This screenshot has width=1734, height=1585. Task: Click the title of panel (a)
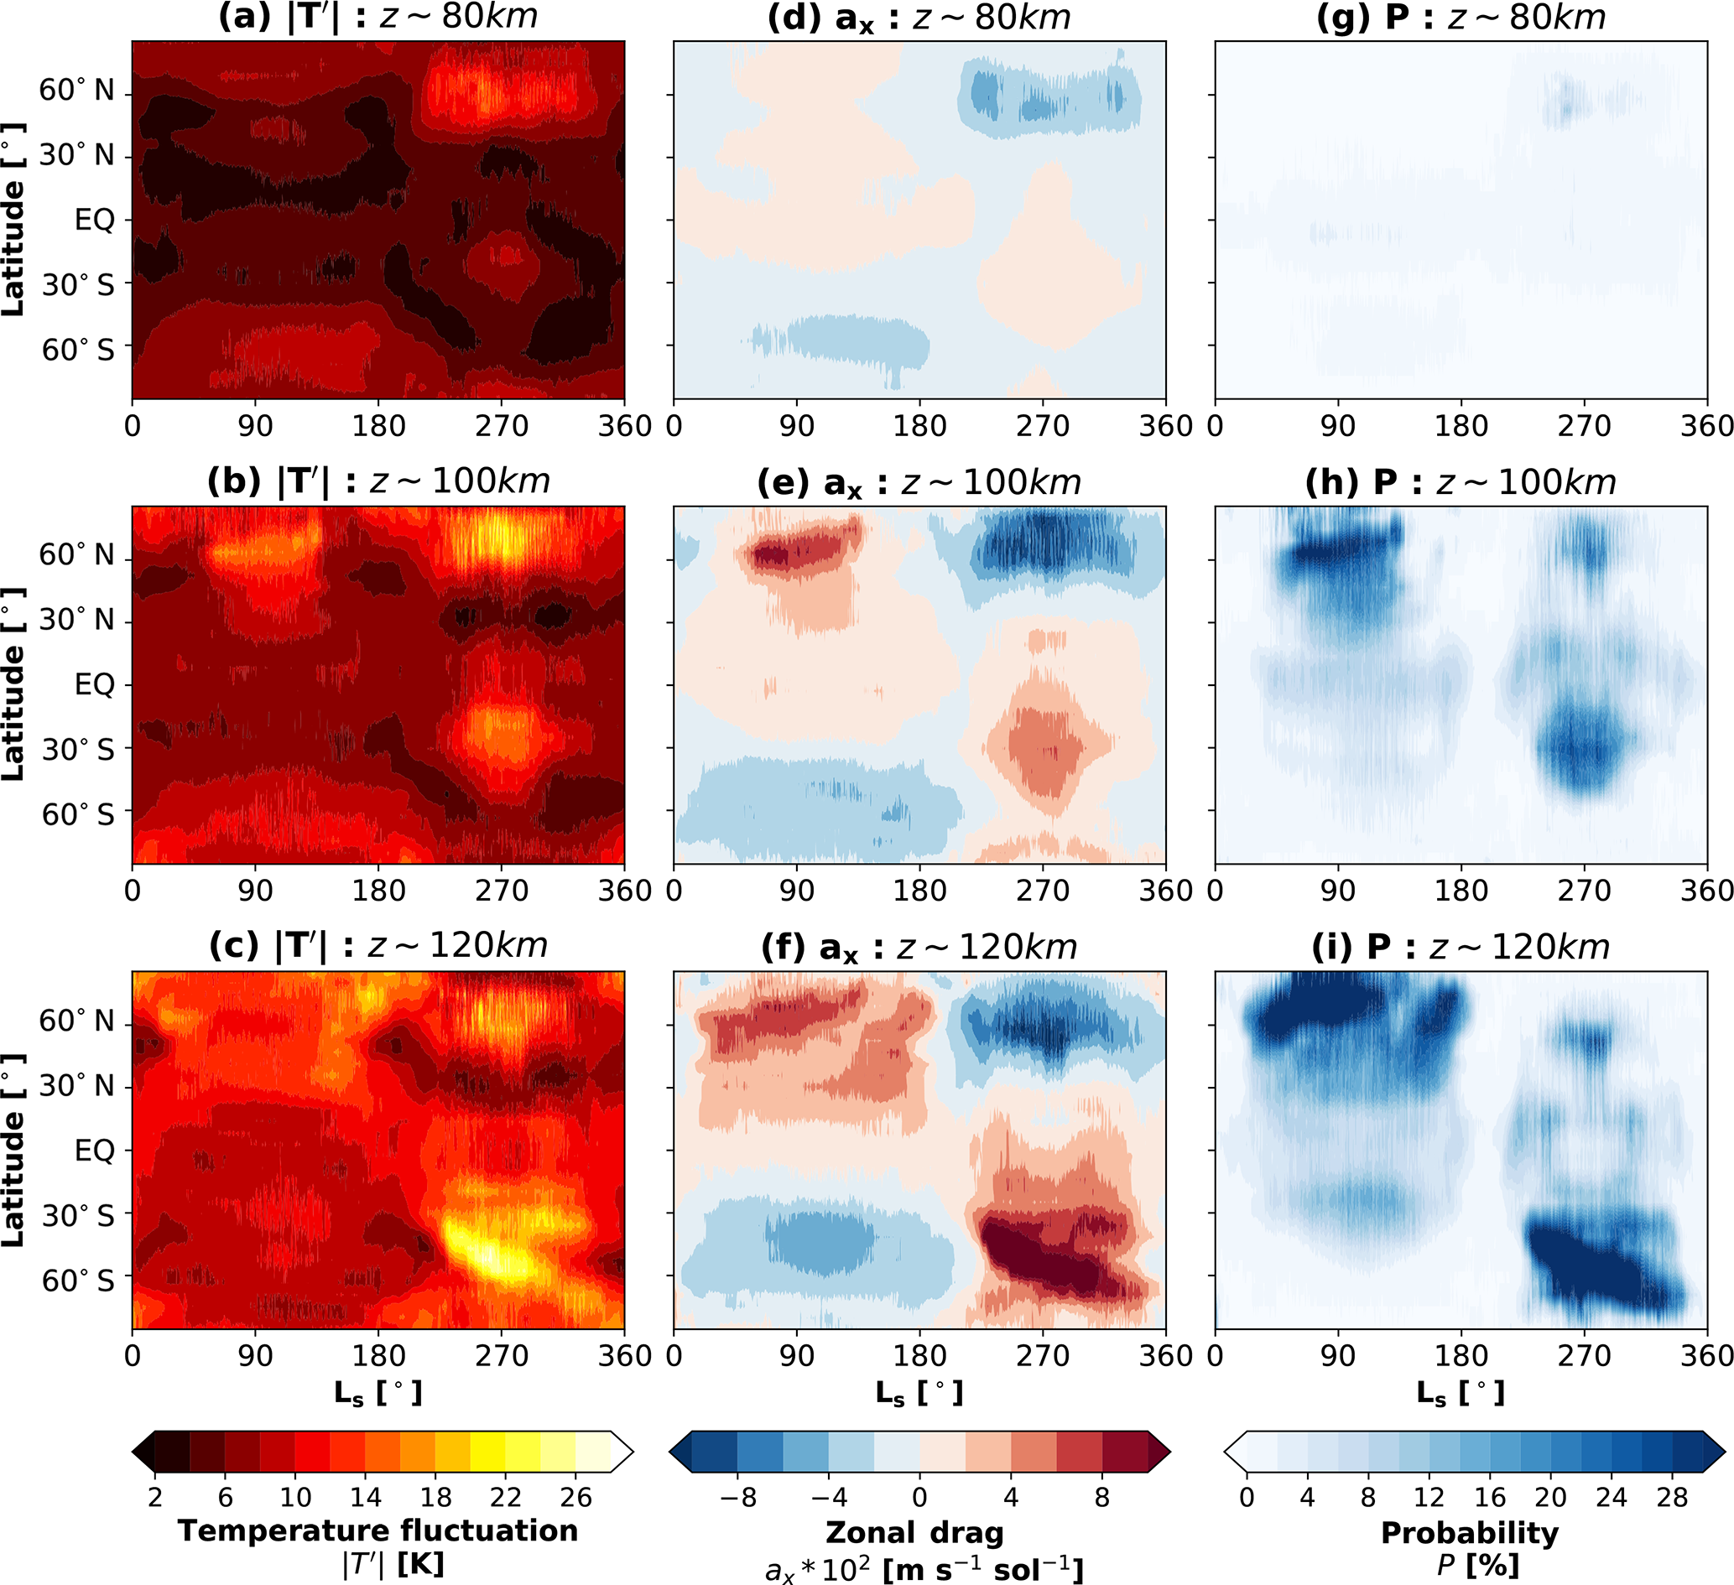pos(378,18)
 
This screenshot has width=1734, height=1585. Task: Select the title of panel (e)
pos(919,483)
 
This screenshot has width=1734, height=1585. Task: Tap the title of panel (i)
pos(1461,948)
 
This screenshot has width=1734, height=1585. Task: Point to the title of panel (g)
pos(1461,18)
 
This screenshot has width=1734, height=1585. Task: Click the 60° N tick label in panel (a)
pos(76,91)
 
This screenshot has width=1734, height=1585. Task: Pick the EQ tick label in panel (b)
pos(95,685)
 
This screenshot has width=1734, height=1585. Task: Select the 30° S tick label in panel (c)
pos(77,1216)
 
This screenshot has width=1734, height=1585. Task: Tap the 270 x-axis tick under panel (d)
pos(1043,427)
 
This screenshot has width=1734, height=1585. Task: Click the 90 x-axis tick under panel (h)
pos(1337,891)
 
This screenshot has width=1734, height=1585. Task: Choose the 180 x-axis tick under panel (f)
pos(919,1356)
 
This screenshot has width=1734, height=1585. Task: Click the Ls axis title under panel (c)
pos(378,1393)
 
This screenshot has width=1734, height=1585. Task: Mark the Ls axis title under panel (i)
pos(1461,1393)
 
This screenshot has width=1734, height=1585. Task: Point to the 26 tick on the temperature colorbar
pos(575,1497)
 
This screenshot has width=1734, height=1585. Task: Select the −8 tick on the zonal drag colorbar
pos(737,1497)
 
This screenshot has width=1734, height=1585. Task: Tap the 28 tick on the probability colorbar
pos(1672,1497)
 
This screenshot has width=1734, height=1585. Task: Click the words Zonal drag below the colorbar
pos(914,1532)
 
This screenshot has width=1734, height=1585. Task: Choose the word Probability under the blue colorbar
pos(1469,1532)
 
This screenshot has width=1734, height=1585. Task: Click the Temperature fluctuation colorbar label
pos(378,1530)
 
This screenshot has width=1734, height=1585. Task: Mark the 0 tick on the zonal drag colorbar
pos(919,1497)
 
